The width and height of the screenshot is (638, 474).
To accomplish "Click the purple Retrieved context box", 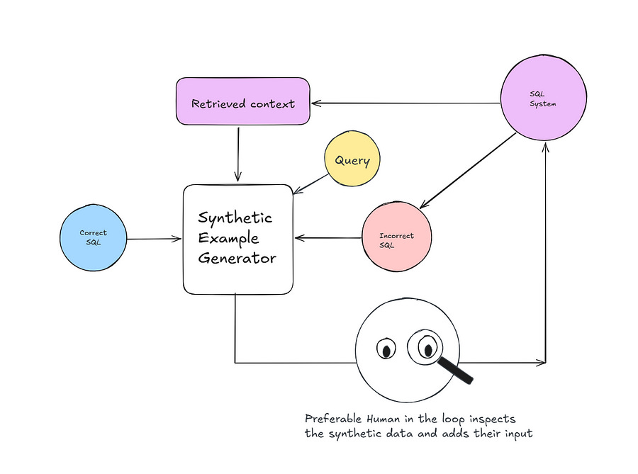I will (243, 103).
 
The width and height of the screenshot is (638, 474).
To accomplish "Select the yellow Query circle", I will (352, 161).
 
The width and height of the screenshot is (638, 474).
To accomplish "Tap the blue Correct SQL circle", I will (93, 237).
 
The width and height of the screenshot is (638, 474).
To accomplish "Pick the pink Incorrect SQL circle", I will (396, 239).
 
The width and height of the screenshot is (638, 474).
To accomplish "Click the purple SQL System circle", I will (544, 99).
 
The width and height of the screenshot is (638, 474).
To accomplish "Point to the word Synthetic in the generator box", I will (235, 218).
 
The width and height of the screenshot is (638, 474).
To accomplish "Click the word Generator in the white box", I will (237, 259).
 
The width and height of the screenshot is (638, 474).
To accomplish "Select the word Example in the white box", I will (228, 238).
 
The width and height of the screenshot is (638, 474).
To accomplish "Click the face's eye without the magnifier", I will (386, 350).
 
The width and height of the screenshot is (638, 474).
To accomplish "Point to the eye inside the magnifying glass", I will (427, 347).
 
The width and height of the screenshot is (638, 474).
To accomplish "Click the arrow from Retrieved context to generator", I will (238, 152).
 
